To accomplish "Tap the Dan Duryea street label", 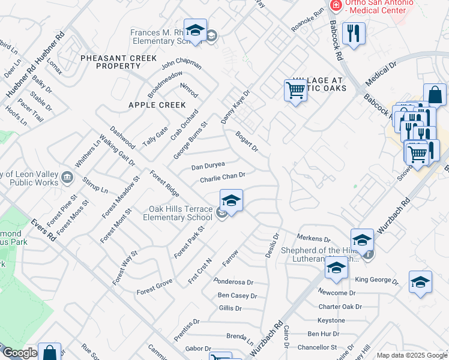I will (208, 166).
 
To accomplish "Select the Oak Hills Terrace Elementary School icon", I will (231, 200).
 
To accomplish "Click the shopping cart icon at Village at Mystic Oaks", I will (295, 91).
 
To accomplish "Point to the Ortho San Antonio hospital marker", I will (335, 6).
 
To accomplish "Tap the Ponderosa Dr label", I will (234, 281).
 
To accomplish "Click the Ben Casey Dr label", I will (237, 295).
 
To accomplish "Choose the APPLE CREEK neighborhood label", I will (148, 104).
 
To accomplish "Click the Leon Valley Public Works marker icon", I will (67, 177).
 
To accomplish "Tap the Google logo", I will (20, 353).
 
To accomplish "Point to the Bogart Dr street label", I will (246, 141).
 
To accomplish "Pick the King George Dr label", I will (376, 280).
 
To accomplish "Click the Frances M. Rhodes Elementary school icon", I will (195, 31).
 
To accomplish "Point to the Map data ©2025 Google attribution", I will (412, 355).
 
